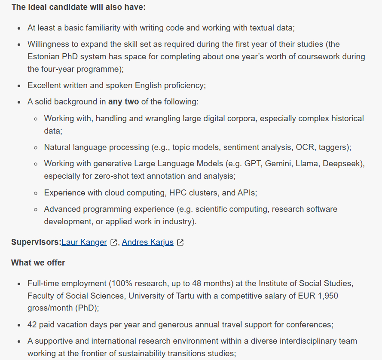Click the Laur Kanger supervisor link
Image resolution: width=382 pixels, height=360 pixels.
point(84,242)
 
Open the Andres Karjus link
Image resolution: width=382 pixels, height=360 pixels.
point(147,242)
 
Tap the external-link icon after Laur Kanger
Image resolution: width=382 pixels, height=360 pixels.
point(113,242)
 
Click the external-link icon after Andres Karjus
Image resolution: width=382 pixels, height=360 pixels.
point(180,242)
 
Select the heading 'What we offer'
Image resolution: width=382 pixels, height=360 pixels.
point(38,262)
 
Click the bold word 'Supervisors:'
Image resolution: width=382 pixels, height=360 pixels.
point(36,242)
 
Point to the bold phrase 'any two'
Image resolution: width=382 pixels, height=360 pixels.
point(123,102)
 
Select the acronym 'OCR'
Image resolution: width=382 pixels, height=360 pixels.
point(305,147)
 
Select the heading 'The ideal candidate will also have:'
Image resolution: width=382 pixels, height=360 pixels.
point(78,7)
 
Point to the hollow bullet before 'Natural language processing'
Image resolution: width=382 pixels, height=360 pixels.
point(36,147)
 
